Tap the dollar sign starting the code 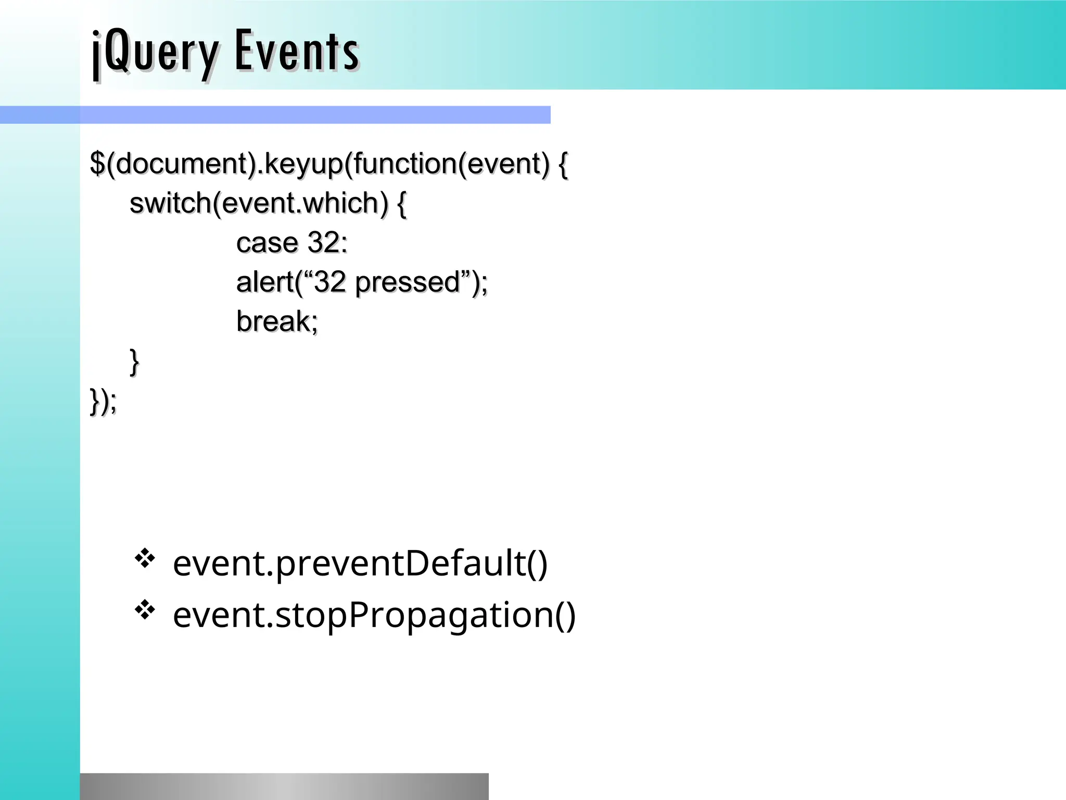97,164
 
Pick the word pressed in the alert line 408,282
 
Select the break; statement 277,321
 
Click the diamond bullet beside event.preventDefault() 145,559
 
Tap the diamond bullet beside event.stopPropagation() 145,609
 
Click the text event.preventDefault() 360,564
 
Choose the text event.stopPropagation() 374,615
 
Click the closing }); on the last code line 103,401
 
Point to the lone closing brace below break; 134,361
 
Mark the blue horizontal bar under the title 275,115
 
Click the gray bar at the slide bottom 284,786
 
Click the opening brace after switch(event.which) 401,203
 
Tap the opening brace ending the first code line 563,164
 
